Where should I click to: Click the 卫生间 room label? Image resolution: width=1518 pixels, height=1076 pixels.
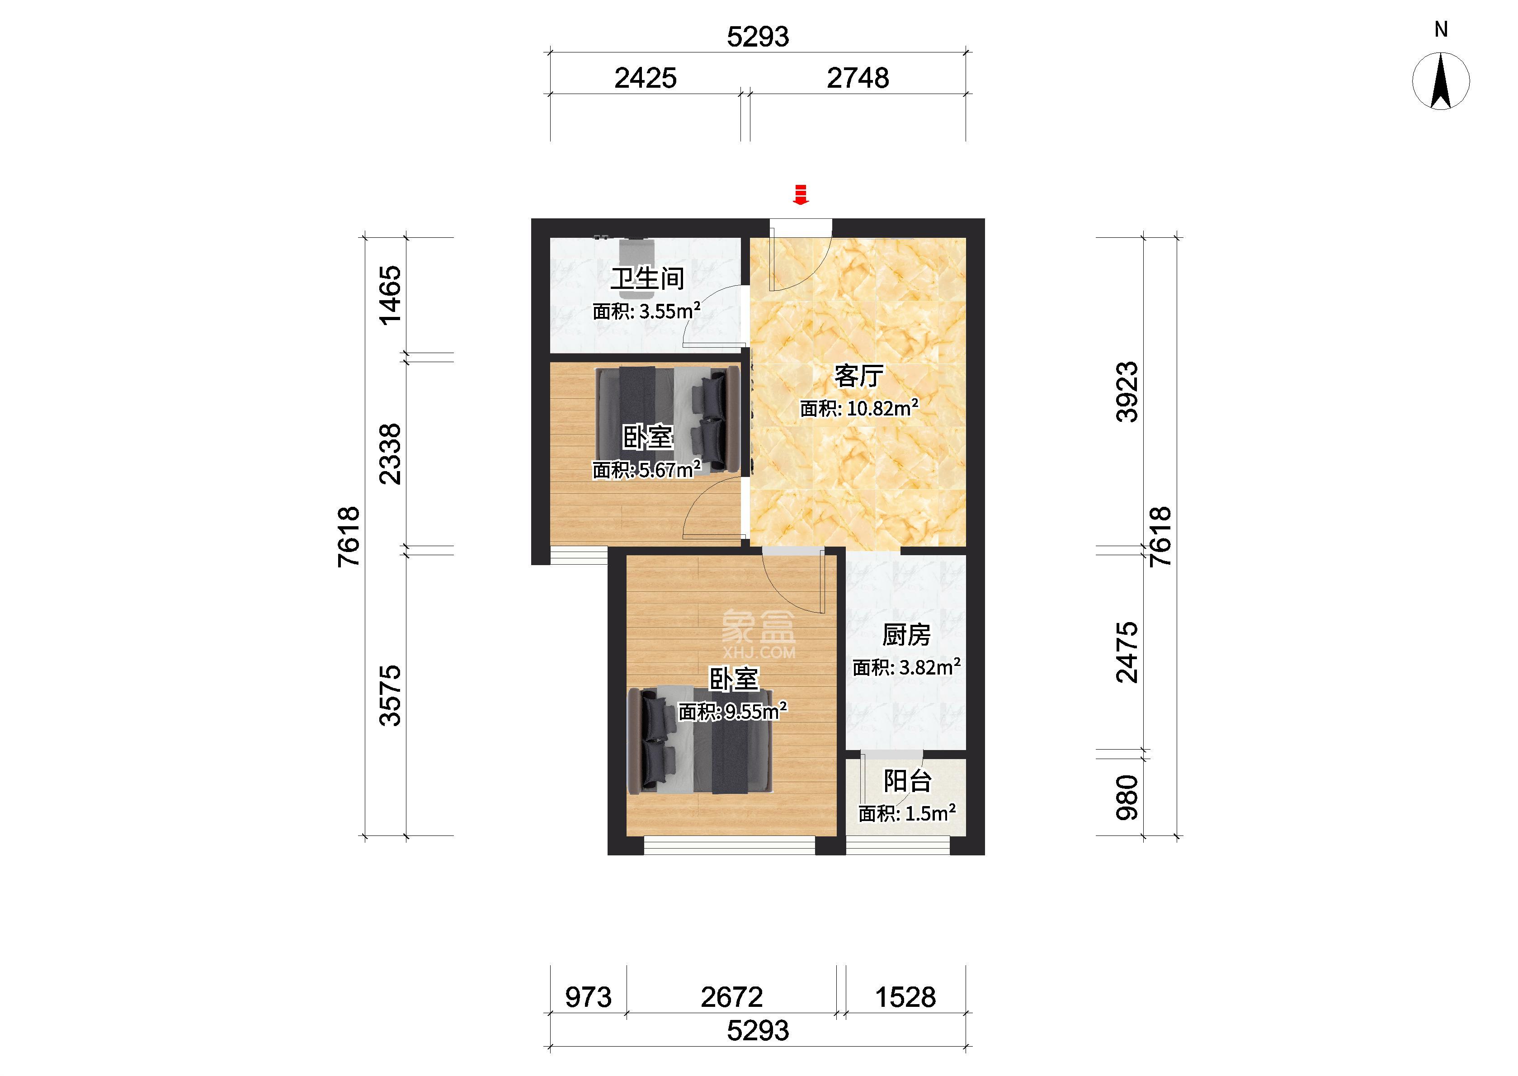click(x=647, y=278)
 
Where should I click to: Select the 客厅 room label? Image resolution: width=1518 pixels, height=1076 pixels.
click(x=858, y=376)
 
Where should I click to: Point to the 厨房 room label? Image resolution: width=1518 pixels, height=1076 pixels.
click(x=906, y=635)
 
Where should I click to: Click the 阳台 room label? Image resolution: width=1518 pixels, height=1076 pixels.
click(x=907, y=781)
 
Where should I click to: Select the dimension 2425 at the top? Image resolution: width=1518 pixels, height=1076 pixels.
click(x=645, y=78)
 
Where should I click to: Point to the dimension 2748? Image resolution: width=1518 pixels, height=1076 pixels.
click(x=858, y=78)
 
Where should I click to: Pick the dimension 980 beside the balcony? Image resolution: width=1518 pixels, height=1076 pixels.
click(x=1127, y=798)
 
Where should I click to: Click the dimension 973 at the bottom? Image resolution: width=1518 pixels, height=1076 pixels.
click(x=588, y=997)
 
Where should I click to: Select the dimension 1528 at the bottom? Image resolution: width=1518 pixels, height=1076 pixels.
click(x=905, y=997)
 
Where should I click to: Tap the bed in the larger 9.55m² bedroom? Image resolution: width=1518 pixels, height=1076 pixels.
click(x=700, y=741)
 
